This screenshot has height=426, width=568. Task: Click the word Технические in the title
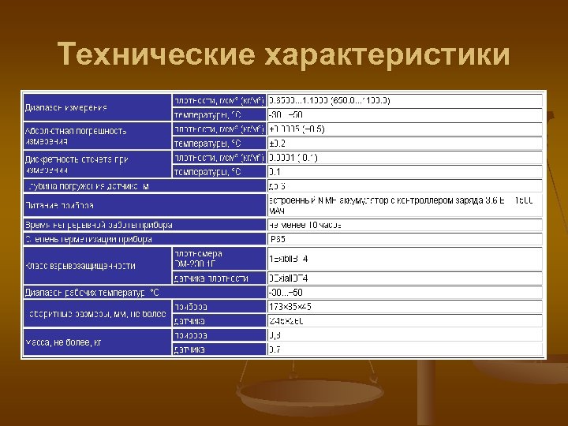click(x=155, y=55)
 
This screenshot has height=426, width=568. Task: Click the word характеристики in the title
click(x=387, y=55)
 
